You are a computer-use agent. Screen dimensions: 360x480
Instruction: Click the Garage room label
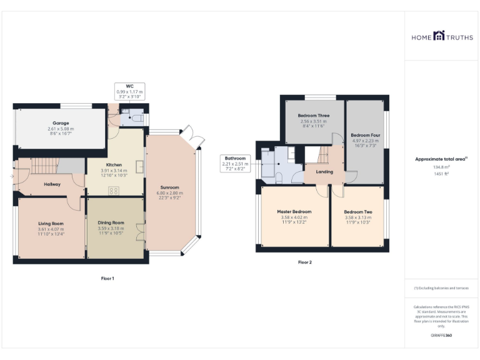point(61,123)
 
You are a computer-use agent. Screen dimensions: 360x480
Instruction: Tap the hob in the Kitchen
point(115,190)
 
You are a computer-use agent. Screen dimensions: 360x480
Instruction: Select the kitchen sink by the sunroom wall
point(140,167)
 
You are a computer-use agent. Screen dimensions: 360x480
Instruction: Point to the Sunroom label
point(170,187)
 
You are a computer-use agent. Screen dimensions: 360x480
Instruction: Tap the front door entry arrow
point(12,177)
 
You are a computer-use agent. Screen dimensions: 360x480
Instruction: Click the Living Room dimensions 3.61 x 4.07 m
point(51,229)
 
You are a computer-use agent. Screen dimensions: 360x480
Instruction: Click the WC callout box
point(129,91)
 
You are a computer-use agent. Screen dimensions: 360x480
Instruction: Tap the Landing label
point(324,172)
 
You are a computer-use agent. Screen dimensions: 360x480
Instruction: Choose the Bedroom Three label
point(314,116)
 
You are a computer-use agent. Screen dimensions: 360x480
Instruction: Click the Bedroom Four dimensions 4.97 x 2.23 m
point(366,141)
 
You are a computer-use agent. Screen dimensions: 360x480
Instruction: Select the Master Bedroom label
point(294,211)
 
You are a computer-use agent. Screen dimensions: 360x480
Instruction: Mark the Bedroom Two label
point(357,212)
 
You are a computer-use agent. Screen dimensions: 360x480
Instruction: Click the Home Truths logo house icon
point(438,36)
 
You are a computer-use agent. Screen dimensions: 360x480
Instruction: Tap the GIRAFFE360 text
point(441,336)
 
